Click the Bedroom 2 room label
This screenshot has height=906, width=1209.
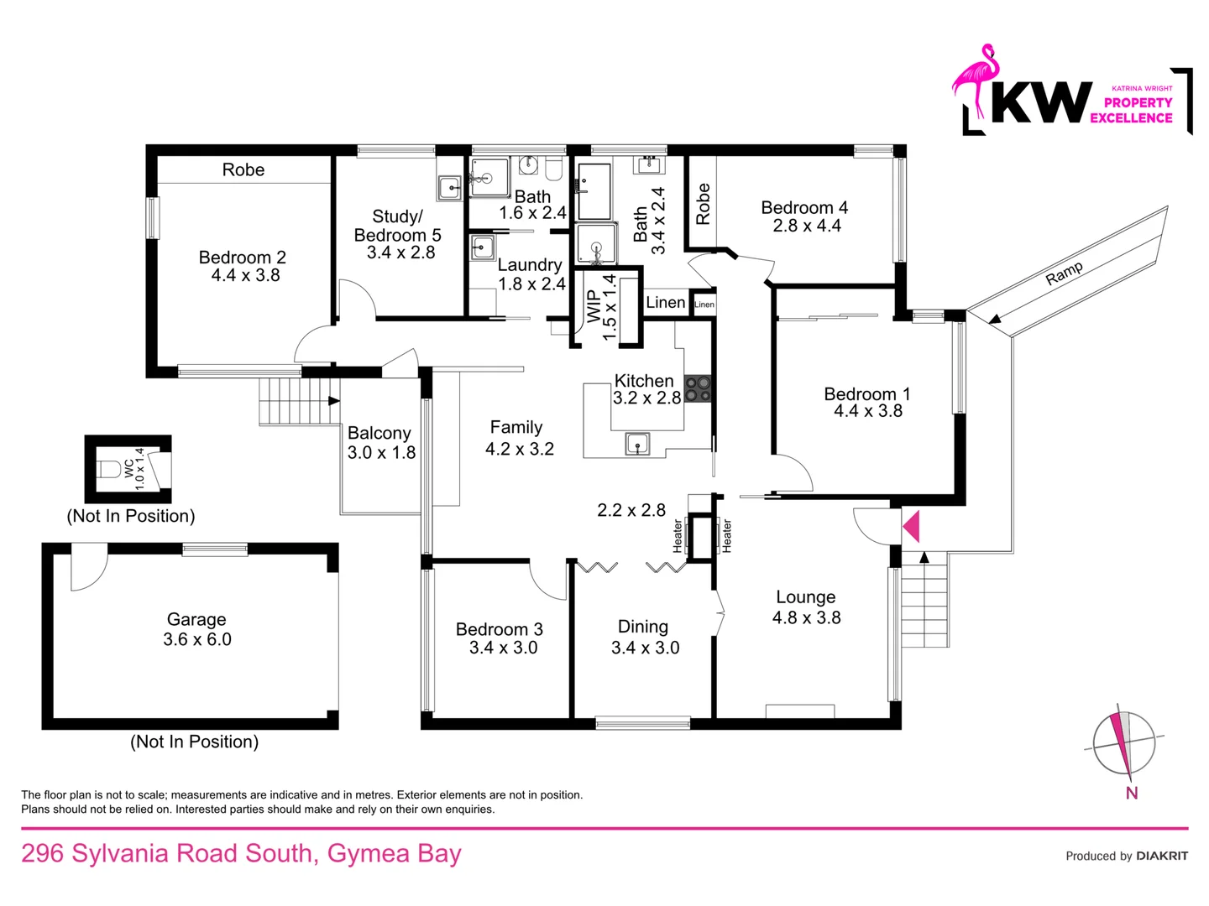point(243,258)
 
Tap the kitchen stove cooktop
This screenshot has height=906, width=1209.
point(698,389)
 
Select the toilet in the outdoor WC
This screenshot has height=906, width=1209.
point(109,469)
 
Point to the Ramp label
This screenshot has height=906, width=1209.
point(1064,273)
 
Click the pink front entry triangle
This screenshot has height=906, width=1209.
point(911,527)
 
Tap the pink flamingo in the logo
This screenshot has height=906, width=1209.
point(976,81)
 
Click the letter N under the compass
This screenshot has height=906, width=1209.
point(1131,793)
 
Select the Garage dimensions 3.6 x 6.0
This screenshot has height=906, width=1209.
point(197,639)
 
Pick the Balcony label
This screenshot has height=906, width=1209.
point(379,434)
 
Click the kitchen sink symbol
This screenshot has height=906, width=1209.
point(637,444)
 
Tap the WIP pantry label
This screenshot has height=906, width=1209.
point(594,307)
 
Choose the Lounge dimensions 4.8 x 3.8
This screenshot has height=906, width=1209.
point(806,617)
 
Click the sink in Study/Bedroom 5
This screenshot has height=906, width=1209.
point(451,188)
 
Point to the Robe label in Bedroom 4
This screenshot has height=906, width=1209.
point(703,204)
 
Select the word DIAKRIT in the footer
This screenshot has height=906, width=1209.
point(1162,856)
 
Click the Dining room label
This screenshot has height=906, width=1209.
point(643,627)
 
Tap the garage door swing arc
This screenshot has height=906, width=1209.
point(97,578)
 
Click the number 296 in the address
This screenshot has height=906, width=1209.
point(43,854)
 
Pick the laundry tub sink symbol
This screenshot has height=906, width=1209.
point(483,247)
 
